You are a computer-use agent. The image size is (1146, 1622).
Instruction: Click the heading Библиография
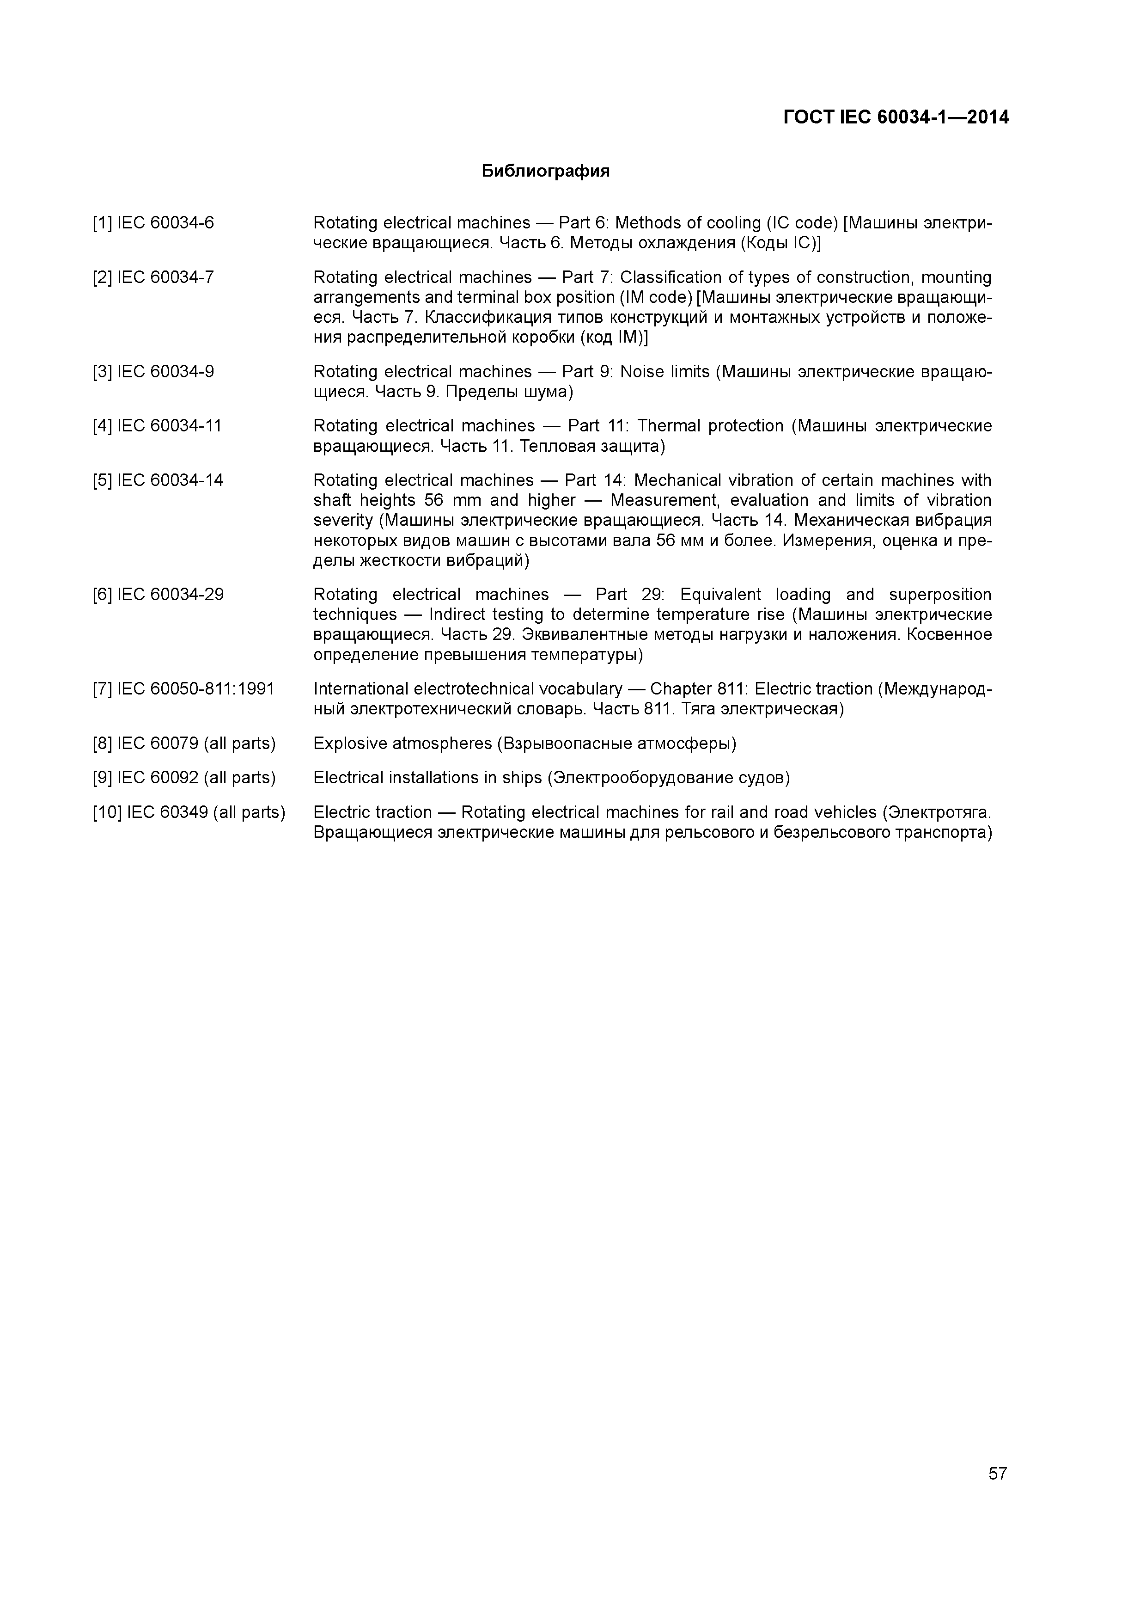click(x=545, y=171)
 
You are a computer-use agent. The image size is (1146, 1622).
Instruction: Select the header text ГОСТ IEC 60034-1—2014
click(x=896, y=117)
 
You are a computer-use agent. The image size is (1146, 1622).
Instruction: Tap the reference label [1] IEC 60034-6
click(x=153, y=223)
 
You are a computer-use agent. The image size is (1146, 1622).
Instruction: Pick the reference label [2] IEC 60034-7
click(x=153, y=277)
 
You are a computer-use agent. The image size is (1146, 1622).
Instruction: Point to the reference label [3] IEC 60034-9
click(x=153, y=372)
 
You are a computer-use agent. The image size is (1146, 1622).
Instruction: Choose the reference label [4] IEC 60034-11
click(x=157, y=426)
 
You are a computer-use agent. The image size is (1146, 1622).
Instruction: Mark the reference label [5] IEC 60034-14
click(x=158, y=480)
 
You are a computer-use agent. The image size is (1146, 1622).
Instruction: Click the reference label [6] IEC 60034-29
click(x=158, y=595)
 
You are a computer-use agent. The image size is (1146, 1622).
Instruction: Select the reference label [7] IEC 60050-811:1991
click(x=183, y=689)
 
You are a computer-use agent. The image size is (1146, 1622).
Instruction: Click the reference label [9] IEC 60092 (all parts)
click(x=183, y=778)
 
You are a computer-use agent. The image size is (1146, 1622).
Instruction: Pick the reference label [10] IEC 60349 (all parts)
click(x=189, y=812)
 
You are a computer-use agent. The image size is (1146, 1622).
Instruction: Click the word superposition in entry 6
click(x=940, y=595)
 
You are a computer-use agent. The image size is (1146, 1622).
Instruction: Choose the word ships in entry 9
click(x=522, y=778)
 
